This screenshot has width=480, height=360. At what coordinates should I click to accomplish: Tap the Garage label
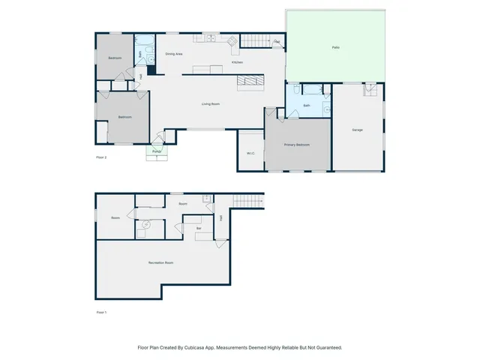(357, 130)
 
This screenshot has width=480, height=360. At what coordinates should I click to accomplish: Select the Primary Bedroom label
(296, 144)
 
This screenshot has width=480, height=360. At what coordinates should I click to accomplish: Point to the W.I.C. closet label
(250, 153)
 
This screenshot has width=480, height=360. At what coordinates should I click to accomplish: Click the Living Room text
(210, 103)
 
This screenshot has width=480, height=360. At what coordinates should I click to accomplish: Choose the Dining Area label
(174, 54)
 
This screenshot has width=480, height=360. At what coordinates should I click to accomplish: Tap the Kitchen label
(237, 62)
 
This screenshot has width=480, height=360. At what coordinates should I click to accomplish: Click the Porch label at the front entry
(157, 151)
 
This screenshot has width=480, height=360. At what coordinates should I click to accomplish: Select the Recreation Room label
(160, 262)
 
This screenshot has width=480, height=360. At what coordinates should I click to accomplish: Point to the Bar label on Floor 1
(199, 228)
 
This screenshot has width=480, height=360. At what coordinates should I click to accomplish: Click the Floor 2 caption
(101, 157)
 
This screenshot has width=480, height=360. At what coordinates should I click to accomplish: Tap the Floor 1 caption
(101, 311)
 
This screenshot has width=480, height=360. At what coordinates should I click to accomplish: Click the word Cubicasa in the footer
(199, 347)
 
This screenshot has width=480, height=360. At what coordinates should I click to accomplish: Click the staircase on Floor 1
(249, 201)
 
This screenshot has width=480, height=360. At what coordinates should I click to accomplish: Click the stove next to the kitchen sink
(232, 40)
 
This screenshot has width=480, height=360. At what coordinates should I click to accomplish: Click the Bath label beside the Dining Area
(140, 54)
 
